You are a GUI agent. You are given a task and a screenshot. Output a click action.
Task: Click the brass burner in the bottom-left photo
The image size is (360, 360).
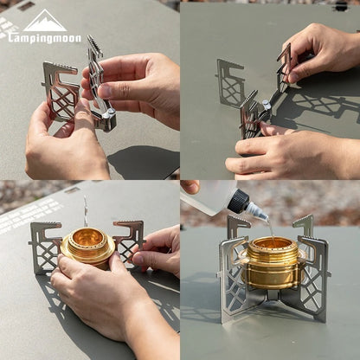pyautogui.click(x=87, y=246)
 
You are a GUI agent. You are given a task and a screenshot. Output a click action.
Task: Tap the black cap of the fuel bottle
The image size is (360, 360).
pyautogui.click(x=238, y=201)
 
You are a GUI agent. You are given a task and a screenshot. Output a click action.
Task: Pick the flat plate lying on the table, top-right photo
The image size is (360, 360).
pyautogui.click(x=231, y=81)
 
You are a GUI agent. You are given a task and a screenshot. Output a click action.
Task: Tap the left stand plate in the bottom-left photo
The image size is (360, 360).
pyautogui.click(x=44, y=247)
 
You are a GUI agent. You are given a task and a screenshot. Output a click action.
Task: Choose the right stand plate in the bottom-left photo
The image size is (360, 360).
pyautogui.click(x=128, y=240)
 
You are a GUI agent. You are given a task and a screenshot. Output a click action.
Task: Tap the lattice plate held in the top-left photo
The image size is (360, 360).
pyautogui.click(x=61, y=91)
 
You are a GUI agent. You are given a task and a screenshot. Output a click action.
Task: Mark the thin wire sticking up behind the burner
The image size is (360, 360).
pyautogui.click(x=85, y=211)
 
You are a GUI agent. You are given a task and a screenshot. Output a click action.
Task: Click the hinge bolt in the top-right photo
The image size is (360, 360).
pyautogui.click(x=267, y=106)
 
